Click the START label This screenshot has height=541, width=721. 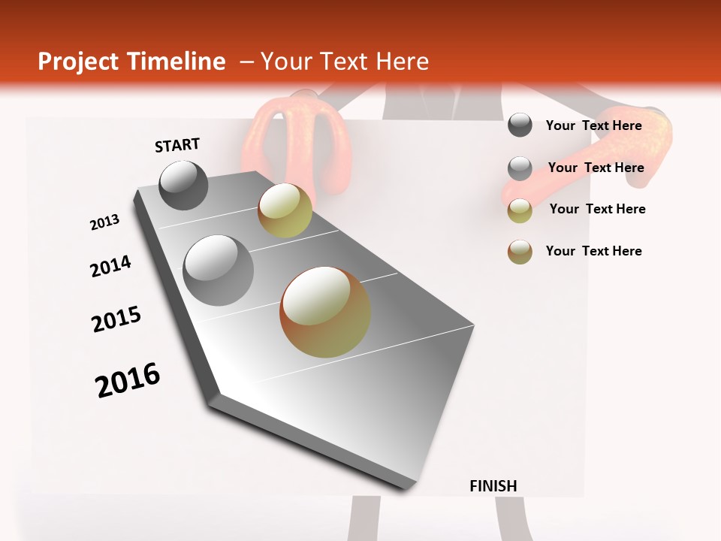pyautogui.click(x=177, y=145)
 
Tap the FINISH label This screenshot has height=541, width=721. pyautogui.click(x=493, y=486)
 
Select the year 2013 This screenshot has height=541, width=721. pyautogui.click(x=104, y=222)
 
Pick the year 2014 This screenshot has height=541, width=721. pyautogui.click(x=110, y=266)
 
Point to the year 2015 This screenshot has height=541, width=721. pyautogui.click(x=116, y=319)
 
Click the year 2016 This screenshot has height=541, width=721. pyautogui.click(x=128, y=380)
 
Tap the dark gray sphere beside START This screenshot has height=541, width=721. pyautogui.click(x=183, y=185)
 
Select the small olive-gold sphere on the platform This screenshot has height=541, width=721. pyautogui.click(x=285, y=210)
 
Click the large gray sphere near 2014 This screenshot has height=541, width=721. pyautogui.click(x=218, y=270)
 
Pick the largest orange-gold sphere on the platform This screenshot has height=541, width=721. pyautogui.click(x=325, y=312)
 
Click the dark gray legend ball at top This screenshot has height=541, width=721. pyautogui.click(x=520, y=125)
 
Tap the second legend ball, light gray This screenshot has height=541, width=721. pyautogui.click(x=520, y=168)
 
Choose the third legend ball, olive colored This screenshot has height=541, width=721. pyautogui.click(x=520, y=210)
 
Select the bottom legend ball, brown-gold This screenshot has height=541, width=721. pyautogui.click(x=520, y=252)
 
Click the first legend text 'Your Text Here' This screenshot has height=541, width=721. pyautogui.click(x=593, y=125)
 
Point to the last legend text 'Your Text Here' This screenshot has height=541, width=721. pyautogui.click(x=593, y=251)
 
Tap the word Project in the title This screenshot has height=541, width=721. pyautogui.click(x=77, y=62)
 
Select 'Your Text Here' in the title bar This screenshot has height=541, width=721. pyautogui.click(x=345, y=62)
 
